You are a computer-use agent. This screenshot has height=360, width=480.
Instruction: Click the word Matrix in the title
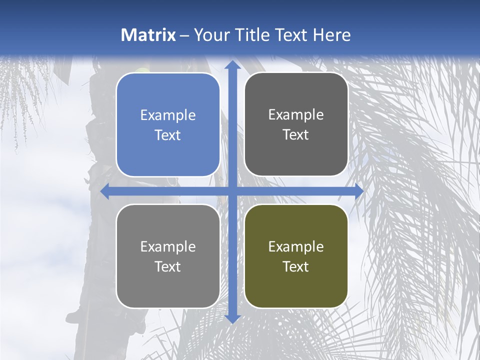coord(148,35)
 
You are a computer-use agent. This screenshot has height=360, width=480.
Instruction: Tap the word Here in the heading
coord(331,35)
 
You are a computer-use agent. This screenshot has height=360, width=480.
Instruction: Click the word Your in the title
coord(209,35)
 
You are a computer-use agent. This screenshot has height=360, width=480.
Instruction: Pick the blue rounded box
coord(168,125)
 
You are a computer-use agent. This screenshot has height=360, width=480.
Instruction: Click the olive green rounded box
coord(296,256)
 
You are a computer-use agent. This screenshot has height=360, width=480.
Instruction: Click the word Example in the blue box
coord(168,115)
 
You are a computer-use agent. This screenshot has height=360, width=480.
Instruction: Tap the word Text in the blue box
coord(168,135)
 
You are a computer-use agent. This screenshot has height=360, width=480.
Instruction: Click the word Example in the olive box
coord(296,246)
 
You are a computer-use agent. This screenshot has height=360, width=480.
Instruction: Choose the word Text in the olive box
coord(296,266)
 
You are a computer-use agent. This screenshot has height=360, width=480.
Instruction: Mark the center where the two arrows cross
coord(232,191)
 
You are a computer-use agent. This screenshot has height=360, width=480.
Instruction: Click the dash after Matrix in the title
coord(184,35)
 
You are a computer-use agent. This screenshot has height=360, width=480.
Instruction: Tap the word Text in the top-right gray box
coord(296,134)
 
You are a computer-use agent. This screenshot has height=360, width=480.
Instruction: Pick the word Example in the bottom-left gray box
coord(168,246)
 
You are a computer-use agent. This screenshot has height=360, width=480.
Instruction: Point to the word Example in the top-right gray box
coord(296,115)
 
